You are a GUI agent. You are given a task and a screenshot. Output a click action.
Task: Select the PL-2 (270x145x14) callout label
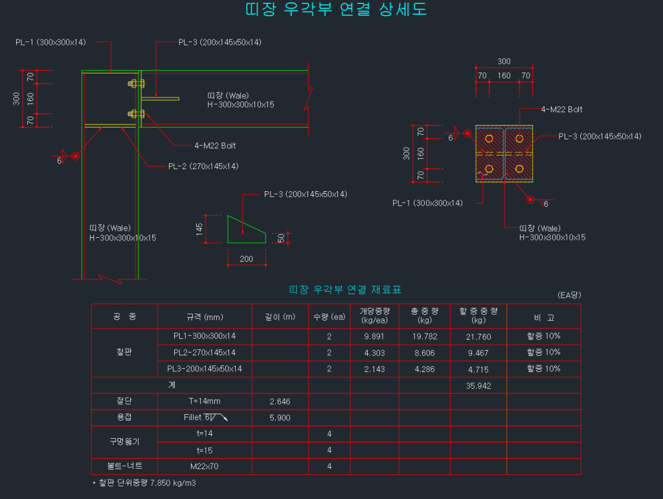pyautogui.click(x=203, y=167)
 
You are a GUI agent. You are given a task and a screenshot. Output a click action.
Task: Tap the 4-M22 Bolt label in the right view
pyautogui.click(x=561, y=110)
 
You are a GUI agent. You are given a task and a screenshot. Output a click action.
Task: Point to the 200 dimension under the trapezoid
pyautogui.click(x=247, y=259)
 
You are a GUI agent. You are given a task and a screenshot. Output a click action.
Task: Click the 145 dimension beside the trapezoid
pyautogui.click(x=200, y=229)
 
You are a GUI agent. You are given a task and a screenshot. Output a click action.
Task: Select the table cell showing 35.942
pyautogui.click(x=478, y=385)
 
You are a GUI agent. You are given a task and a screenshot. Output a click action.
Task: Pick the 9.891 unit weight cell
pyautogui.click(x=374, y=336)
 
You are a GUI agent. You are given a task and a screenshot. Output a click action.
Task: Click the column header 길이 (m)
pyautogui.click(x=280, y=317)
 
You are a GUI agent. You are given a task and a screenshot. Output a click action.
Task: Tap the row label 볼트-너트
pyautogui.click(x=124, y=466)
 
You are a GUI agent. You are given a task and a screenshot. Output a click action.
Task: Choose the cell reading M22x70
pyautogui.click(x=205, y=466)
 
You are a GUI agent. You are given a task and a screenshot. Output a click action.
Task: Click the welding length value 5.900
pyautogui.click(x=280, y=418)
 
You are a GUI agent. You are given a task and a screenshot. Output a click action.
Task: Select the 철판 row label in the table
pyautogui.click(x=124, y=353)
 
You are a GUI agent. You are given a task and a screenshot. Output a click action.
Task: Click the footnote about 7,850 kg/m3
pyautogui.click(x=144, y=483)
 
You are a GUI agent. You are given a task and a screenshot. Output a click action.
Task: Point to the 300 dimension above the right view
pyautogui.click(x=504, y=62)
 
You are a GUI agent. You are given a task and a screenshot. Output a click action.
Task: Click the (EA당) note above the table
pyautogui.click(x=569, y=295)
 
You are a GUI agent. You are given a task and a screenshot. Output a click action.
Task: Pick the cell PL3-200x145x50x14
pyautogui.click(x=205, y=369)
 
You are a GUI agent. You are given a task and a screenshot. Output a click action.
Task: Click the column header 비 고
pyautogui.click(x=543, y=317)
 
